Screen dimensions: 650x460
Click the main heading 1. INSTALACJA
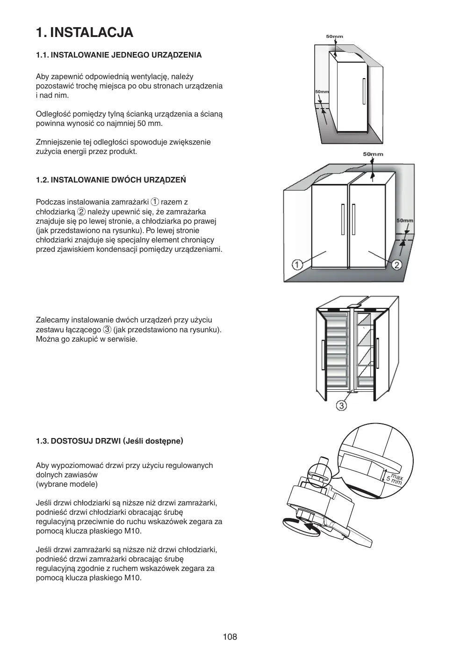(85, 32)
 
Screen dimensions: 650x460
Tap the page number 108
(230, 636)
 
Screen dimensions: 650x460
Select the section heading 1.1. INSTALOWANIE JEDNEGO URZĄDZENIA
(119, 55)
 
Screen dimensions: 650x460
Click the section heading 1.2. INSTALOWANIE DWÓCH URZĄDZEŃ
(111, 180)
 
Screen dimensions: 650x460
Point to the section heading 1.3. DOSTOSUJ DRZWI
(109, 441)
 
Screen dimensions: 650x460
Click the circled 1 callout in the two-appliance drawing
(297, 265)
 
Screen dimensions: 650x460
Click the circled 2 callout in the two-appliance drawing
(396, 265)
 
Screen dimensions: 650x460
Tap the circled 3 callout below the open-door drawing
(342, 405)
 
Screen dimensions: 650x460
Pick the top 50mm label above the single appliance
(334, 37)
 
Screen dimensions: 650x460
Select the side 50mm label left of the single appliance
(322, 92)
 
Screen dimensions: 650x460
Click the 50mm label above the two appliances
(373, 154)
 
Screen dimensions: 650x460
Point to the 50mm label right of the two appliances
(404, 220)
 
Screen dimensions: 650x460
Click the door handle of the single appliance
(363, 91)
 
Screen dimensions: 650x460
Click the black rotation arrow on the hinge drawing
(311, 526)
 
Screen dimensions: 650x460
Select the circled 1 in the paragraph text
(155, 202)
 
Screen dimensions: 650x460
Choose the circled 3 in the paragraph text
(107, 329)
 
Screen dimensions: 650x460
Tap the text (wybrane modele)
(67, 484)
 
